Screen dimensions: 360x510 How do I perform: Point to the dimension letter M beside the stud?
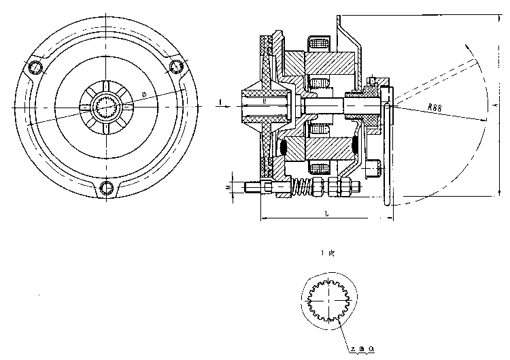(x=228, y=184)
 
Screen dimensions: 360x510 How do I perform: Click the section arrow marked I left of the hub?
(x=222, y=102)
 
